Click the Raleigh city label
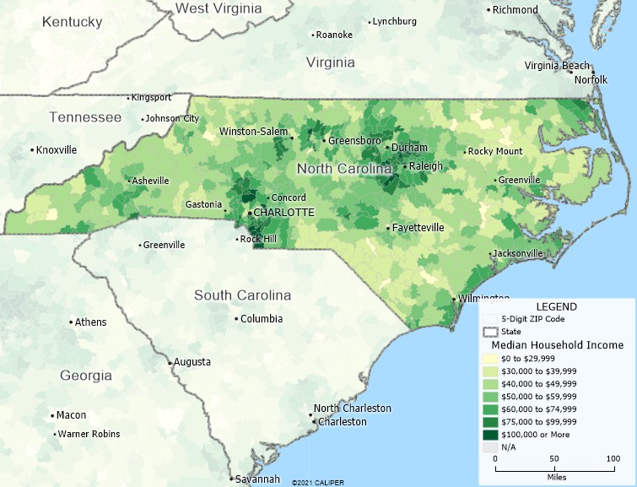(426, 166)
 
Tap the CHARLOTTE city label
(284, 213)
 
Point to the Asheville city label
(150, 181)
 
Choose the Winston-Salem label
(253, 132)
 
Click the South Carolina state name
(242, 295)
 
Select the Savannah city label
(257, 479)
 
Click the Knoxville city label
(57, 150)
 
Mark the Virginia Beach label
(557, 66)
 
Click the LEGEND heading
(557, 306)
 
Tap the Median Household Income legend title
(558, 345)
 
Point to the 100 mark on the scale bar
(614, 458)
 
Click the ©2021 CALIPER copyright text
(318, 483)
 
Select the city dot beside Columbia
(236, 319)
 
